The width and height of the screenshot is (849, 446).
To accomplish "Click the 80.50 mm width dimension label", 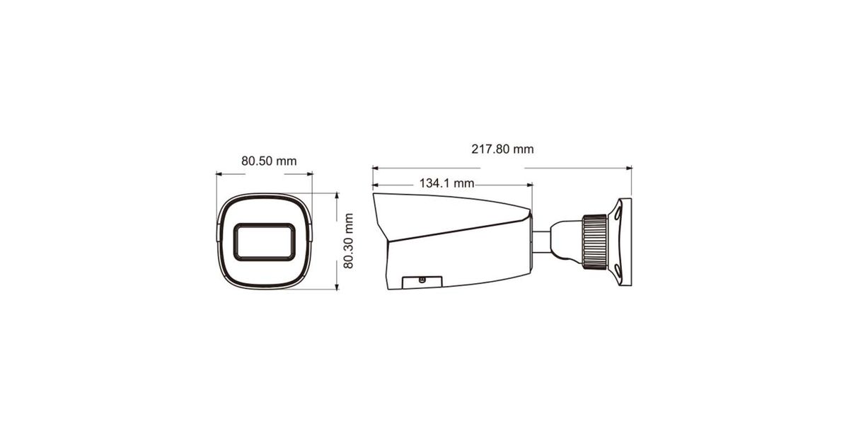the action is [269, 161].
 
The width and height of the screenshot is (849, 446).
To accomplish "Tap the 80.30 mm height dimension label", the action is [348, 241].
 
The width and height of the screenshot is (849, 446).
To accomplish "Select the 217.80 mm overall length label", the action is [502, 149].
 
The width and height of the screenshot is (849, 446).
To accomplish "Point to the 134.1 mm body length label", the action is [446, 183].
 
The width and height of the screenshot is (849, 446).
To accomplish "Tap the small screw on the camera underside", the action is [422, 280].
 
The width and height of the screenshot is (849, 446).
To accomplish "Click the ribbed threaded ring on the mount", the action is [594, 242].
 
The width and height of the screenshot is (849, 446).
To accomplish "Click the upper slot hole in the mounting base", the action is [618, 214].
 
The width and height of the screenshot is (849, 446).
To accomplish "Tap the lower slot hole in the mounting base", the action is [618, 270].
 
